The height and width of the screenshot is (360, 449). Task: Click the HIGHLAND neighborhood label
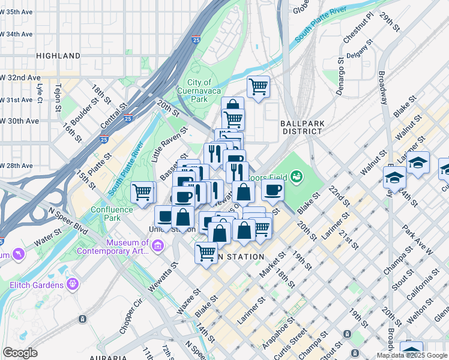tap(58, 56)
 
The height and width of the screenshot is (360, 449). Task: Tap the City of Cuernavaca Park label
tap(199, 91)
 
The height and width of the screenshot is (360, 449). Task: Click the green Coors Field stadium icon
tap(295, 176)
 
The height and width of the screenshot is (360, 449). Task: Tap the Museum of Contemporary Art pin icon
tap(157, 245)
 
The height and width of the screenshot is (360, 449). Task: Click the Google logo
tap(20, 353)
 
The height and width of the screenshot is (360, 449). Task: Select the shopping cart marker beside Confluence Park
tap(143, 193)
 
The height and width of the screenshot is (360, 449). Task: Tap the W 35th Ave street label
tap(17, 12)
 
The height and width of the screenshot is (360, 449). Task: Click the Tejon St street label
tap(59, 98)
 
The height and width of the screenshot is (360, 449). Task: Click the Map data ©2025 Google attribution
tap(412, 355)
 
